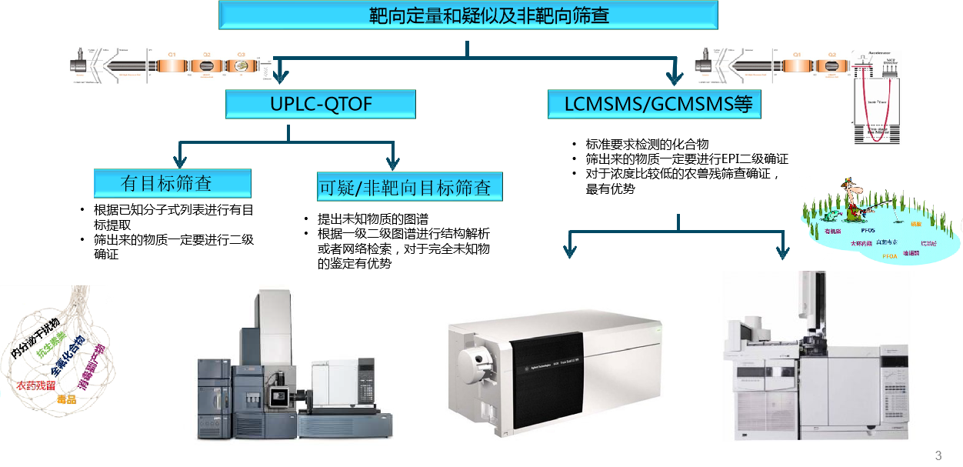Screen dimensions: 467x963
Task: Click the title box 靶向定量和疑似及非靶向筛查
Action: (468, 15)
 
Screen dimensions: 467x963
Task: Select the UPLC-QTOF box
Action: (320, 104)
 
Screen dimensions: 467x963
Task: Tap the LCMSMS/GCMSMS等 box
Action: (654, 104)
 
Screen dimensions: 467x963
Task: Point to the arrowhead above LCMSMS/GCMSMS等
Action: (675, 76)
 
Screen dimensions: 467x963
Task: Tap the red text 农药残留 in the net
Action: (35, 385)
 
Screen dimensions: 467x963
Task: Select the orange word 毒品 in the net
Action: (67, 399)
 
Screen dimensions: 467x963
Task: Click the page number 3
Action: (938, 455)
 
